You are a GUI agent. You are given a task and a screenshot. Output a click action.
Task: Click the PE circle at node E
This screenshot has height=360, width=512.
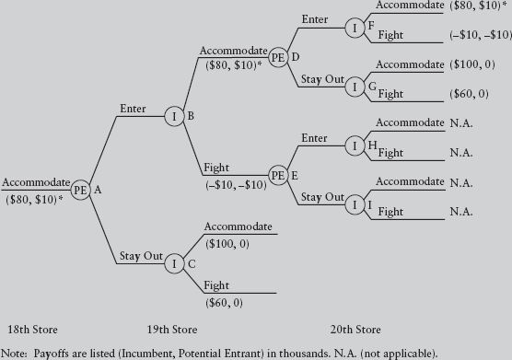click(x=278, y=174)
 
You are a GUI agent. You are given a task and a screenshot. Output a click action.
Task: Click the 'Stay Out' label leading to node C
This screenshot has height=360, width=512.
click(x=141, y=255)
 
